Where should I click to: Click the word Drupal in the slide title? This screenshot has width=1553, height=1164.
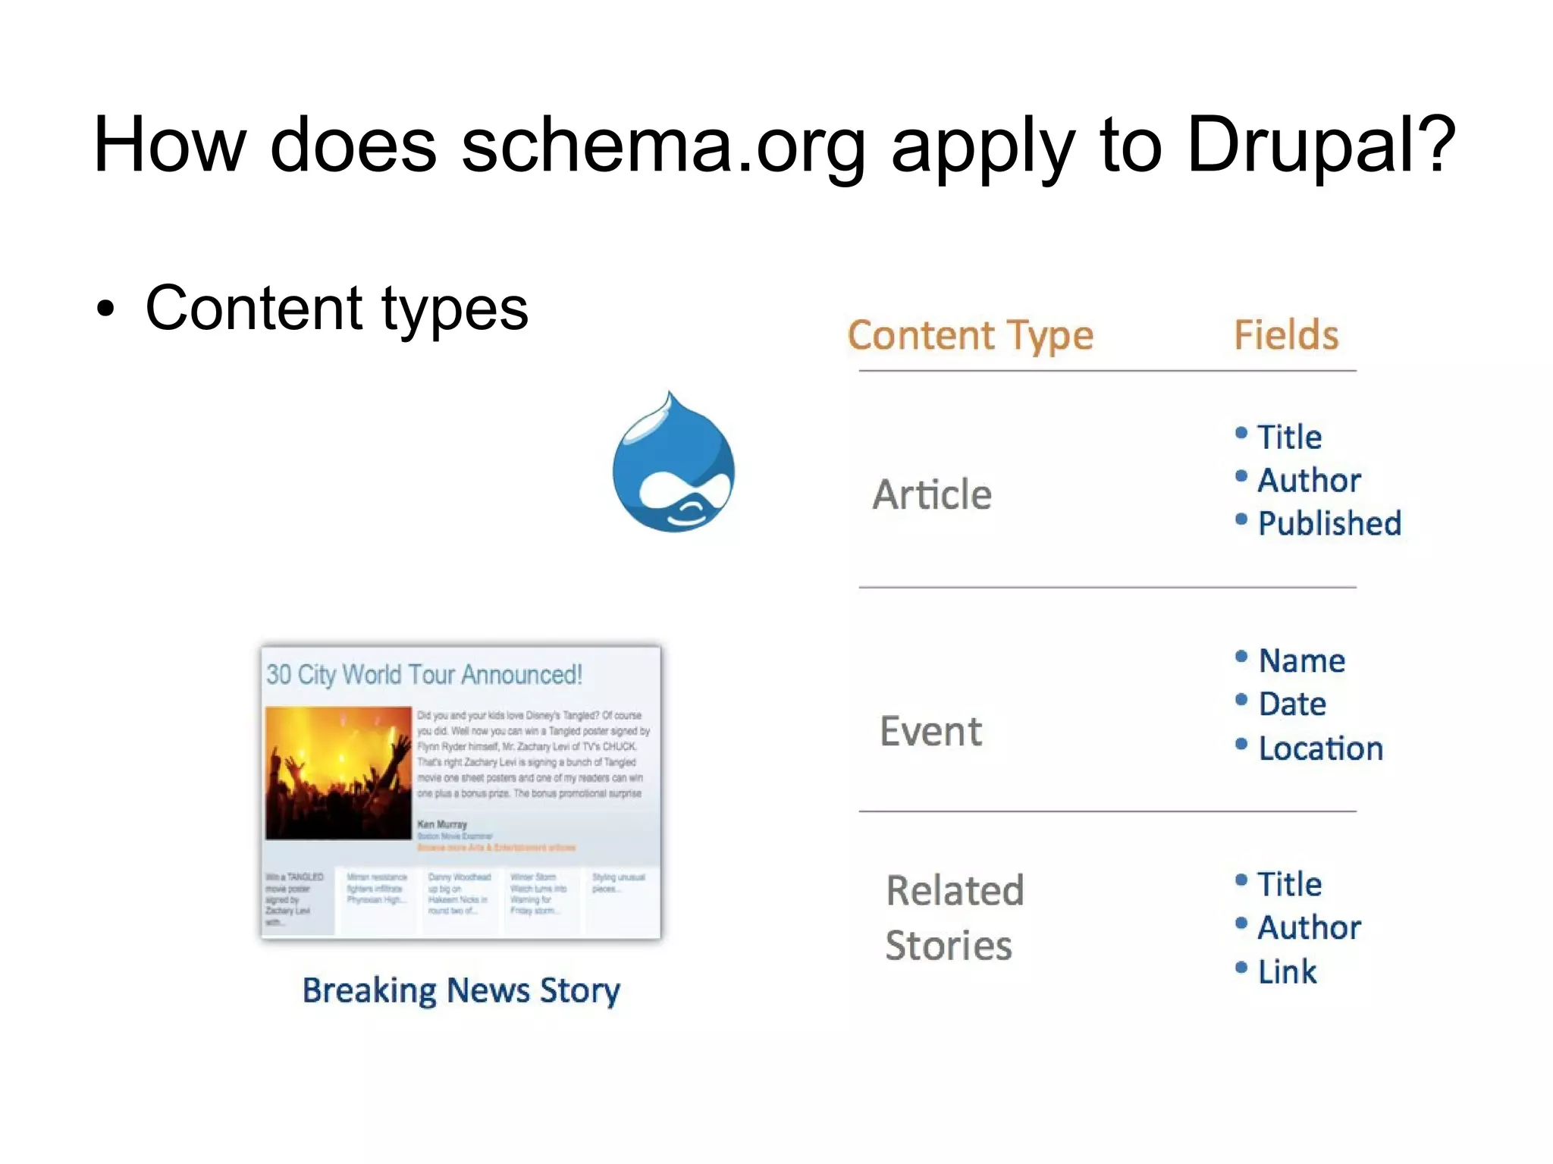tap(1320, 145)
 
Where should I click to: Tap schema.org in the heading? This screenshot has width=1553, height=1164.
tap(664, 145)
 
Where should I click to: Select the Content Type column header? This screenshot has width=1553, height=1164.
tap(970, 335)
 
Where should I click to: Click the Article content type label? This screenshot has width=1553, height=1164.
tap(932, 495)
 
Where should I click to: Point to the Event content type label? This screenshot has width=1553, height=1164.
tap(930, 732)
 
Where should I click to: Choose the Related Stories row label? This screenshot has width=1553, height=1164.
tap(954, 917)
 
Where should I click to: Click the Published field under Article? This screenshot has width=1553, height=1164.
tap(1329, 523)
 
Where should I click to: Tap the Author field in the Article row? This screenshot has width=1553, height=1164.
tap(1309, 480)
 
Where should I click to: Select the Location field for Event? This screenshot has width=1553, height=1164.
tap(1320, 748)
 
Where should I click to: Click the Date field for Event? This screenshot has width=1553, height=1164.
tap(1292, 704)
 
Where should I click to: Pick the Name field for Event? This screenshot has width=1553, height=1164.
tap(1301, 660)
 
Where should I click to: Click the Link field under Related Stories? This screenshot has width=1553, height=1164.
tap(1287, 971)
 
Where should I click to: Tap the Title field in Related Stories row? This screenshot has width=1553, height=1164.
tap(1289, 884)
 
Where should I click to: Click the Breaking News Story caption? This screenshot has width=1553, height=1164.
tap(461, 990)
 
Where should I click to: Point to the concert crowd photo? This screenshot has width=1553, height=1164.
tap(338, 773)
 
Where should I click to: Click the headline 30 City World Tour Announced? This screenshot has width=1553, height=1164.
tap(424, 674)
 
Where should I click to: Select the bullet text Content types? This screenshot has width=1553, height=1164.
tap(336, 308)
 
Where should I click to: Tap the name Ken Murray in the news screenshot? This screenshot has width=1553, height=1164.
tap(442, 824)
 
